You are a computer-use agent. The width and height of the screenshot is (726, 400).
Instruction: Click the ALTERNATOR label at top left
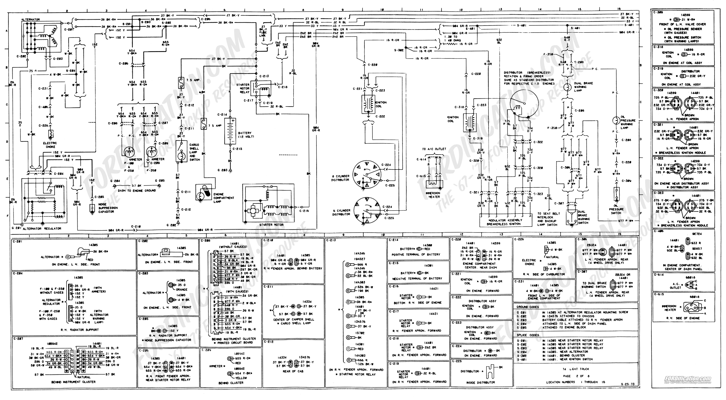point(30,19)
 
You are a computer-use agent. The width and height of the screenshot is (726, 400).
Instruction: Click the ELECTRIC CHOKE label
point(50,145)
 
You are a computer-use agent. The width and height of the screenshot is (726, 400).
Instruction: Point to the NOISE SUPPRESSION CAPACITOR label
point(108,208)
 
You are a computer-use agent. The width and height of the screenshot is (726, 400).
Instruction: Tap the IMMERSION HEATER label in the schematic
point(434,195)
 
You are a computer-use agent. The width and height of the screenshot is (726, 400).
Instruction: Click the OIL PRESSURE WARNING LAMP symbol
point(616,121)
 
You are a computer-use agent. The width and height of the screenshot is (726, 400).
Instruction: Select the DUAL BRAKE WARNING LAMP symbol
point(567,87)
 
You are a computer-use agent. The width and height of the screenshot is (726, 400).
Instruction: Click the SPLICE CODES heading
point(528,335)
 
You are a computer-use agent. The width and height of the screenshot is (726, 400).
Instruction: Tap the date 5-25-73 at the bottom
point(627,384)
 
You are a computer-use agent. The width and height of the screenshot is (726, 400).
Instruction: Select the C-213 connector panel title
point(331,240)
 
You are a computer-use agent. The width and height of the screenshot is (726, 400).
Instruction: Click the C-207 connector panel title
point(18,339)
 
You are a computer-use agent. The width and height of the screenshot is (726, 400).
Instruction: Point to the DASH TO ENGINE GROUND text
point(137,190)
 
